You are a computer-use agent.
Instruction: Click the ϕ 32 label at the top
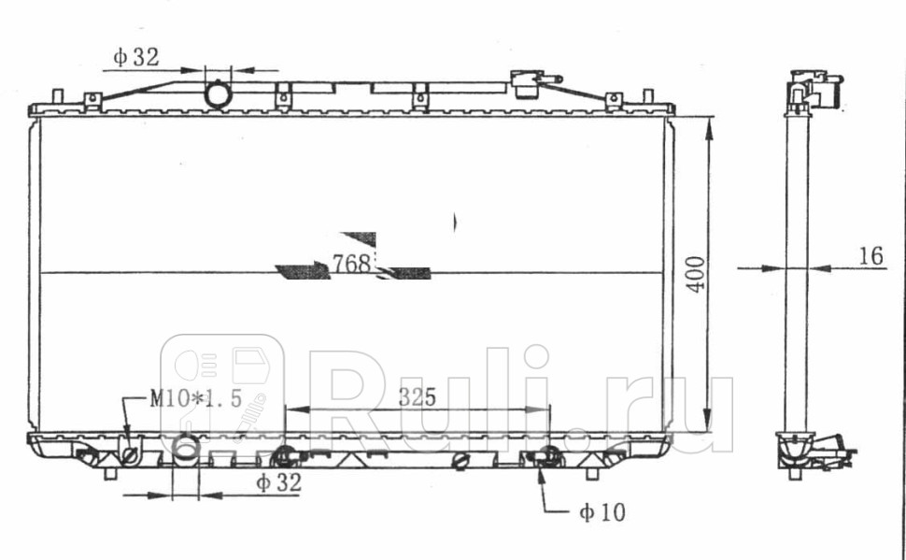point(135,57)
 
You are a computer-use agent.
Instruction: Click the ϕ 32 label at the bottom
point(279,482)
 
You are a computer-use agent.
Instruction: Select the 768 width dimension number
point(351,264)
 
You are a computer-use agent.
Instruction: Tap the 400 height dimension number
point(697,274)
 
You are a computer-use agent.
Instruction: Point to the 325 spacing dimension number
point(417,397)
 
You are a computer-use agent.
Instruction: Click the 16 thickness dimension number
point(871,256)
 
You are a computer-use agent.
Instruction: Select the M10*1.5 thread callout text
point(195,398)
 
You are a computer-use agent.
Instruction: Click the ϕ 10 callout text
point(602,512)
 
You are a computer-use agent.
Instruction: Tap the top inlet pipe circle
point(218,94)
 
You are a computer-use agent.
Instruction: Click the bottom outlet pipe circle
point(186,447)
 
